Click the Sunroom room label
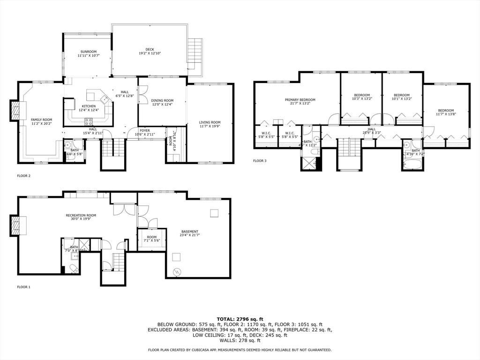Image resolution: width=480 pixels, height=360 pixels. (88, 53)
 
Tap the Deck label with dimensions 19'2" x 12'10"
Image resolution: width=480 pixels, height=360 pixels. (150, 51)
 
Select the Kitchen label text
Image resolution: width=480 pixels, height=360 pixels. (89, 108)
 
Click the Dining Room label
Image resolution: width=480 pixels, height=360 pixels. (162, 102)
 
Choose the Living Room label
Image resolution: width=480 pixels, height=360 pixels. (210, 124)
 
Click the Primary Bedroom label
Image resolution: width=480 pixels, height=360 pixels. (300, 102)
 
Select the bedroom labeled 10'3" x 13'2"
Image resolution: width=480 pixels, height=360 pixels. (361, 97)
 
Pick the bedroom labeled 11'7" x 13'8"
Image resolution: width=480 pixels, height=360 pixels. (446, 112)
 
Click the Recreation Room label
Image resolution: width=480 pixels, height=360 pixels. (81, 217)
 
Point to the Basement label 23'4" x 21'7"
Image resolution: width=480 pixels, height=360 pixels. (190, 233)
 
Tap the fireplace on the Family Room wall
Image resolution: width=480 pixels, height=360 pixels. (16, 111)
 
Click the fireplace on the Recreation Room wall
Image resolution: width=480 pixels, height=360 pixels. (15, 225)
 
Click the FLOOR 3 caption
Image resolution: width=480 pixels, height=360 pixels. (260, 161)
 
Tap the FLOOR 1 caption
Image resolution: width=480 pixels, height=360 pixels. (23, 287)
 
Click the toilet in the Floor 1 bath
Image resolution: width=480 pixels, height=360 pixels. (74, 268)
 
